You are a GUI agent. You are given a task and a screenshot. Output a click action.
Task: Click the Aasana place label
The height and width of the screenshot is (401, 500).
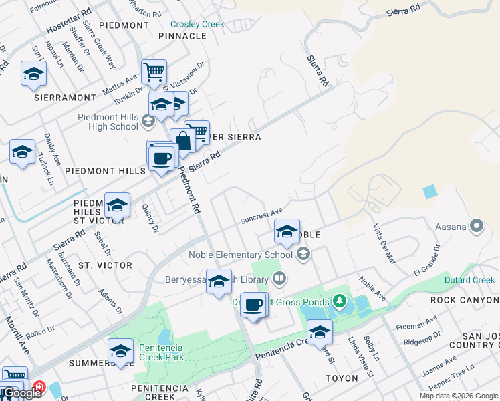(451, 227)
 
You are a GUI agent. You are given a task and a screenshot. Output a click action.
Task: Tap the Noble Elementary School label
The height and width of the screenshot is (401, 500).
(241, 254)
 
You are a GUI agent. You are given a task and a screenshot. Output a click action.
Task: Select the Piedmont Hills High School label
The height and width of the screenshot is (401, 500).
(108, 122)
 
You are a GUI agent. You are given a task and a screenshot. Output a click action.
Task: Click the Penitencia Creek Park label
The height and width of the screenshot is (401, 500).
(174, 348)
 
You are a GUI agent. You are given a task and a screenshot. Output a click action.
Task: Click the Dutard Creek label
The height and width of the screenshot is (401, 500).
(470, 280)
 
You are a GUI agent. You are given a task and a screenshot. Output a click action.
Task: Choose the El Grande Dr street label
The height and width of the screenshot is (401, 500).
(427, 260)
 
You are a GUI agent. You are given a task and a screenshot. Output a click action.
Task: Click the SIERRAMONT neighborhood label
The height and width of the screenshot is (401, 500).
(66, 98)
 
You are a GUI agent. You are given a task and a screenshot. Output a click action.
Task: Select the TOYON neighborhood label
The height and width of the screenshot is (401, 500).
(342, 378)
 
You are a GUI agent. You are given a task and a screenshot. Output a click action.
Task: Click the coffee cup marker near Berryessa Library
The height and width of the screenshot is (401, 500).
(253, 305)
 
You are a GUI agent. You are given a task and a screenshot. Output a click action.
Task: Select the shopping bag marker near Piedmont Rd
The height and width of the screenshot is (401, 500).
(182, 140)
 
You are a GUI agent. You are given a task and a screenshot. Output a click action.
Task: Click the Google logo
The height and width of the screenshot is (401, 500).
(22, 393)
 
